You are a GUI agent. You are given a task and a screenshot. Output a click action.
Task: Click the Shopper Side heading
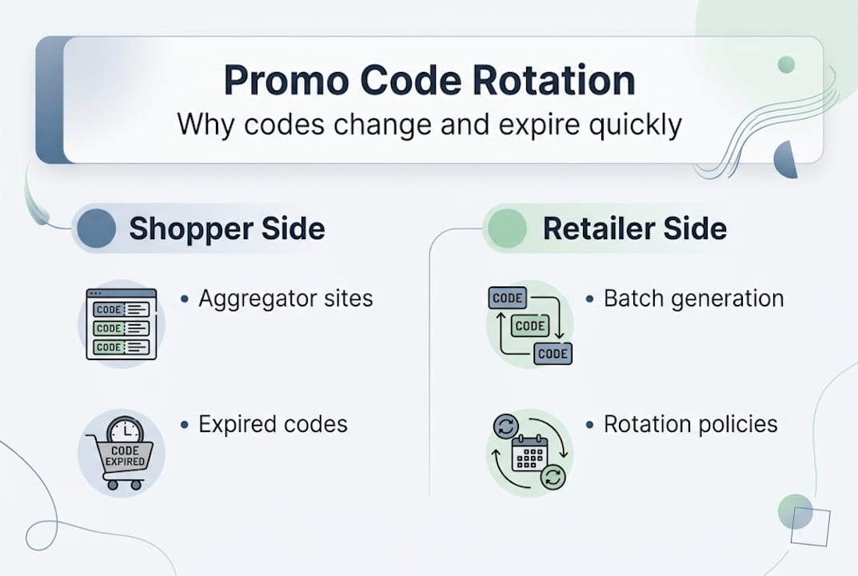pyautogui.click(x=227, y=228)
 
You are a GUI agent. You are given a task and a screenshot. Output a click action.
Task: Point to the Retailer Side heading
pyautogui.click(x=635, y=228)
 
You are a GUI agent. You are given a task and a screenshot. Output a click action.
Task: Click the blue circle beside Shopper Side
pyautogui.click(x=96, y=228)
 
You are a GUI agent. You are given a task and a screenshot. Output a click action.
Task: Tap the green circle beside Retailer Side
pyautogui.click(x=507, y=228)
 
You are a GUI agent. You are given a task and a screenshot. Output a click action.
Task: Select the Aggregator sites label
pyautogui.click(x=285, y=299)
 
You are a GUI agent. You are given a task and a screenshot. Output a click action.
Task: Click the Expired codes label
pyautogui.click(x=273, y=424)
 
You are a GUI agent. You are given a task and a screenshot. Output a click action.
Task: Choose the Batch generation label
pyautogui.click(x=694, y=299)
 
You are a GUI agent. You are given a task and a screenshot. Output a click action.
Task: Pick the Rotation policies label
pyautogui.click(x=691, y=424)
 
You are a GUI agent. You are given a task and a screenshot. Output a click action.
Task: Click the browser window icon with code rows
pyautogui.click(x=122, y=324)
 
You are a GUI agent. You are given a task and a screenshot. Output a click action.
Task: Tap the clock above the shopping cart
pyautogui.click(x=126, y=430)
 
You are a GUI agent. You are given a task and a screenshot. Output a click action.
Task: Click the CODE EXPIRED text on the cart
pyautogui.click(x=126, y=455)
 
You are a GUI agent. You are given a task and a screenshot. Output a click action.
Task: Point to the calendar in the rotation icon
pyautogui.click(x=529, y=453)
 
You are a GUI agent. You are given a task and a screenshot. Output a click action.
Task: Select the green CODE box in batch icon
pyautogui.click(x=530, y=326)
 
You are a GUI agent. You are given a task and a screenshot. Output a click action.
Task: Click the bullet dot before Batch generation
pyautogui.click(x=589, y=299)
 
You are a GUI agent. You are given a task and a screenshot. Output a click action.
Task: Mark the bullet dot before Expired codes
pyautogui.click(x=185, y=425)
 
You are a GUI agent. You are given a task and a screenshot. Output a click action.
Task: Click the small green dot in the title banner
pyautogui.click(x=786, y=65)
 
